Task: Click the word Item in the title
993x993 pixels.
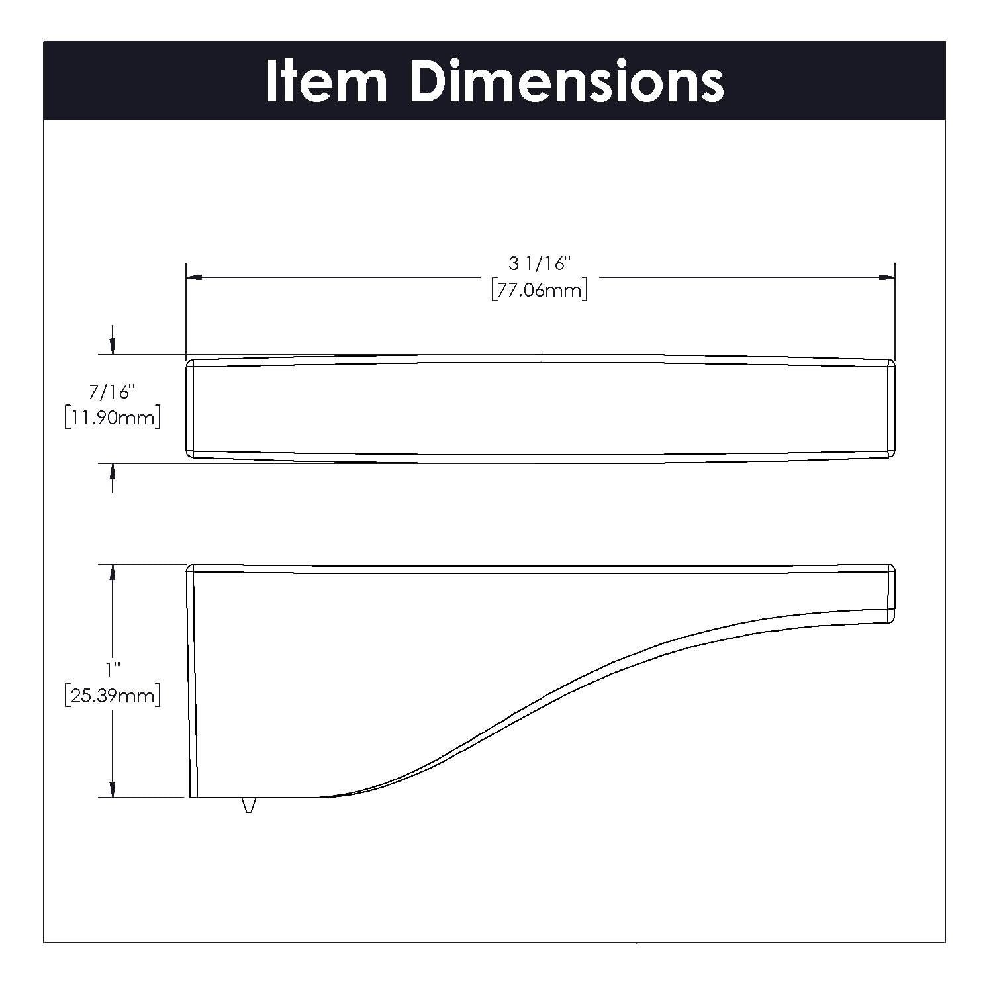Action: (326, 81)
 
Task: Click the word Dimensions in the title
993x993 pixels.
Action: (567, 81)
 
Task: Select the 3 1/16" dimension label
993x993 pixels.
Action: (539, 264)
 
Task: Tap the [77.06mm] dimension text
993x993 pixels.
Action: (539, 290)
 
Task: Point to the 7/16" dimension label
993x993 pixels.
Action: (113, 393)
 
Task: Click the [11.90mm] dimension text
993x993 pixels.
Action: (113, 418)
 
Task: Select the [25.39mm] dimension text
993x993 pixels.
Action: (113, 696)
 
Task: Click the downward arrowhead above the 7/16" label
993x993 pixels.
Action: (113, 346)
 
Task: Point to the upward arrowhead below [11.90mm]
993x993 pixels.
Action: (113, 471)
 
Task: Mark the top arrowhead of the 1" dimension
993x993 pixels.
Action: (113, 573)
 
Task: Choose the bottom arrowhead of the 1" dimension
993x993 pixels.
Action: (113, 789)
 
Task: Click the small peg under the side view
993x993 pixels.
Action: (248, 804)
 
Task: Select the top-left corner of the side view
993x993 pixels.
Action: (191, 568)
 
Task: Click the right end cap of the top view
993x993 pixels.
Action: (891, 408)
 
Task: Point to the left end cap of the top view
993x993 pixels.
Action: (190, 408)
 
